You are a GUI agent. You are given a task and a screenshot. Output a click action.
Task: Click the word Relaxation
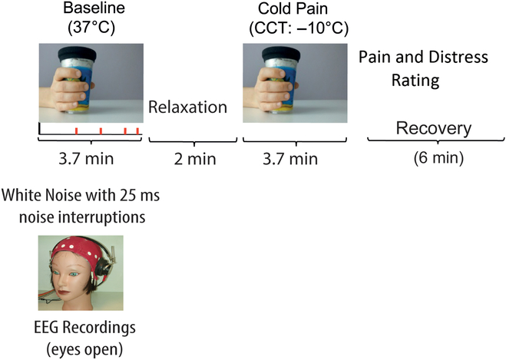[x=187, y=107]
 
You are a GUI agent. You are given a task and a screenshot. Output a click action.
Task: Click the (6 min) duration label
[x=432, y=160]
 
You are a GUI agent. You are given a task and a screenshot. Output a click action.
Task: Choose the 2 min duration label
[x=188, y=160]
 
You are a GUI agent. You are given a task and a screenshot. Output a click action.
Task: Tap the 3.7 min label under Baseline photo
[x=90, y=160]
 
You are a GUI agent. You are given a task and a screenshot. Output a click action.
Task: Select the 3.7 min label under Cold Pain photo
[x=290, y=160]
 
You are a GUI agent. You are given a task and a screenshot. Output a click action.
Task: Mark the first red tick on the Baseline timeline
[x=77, y=131]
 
